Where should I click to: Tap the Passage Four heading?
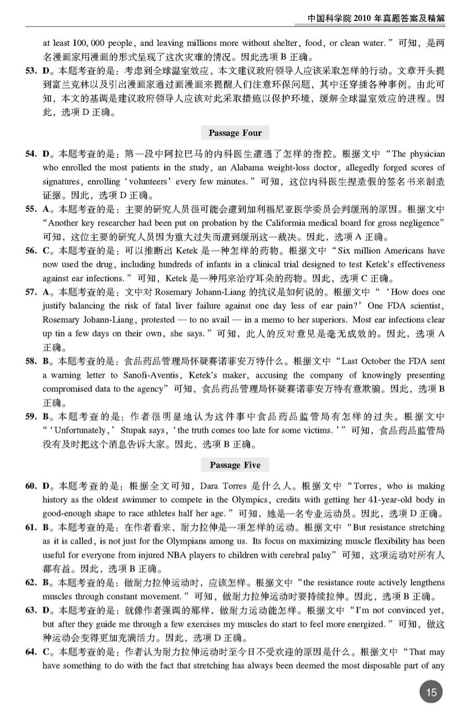pos(235,133)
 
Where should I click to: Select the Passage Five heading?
pos(235,466)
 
